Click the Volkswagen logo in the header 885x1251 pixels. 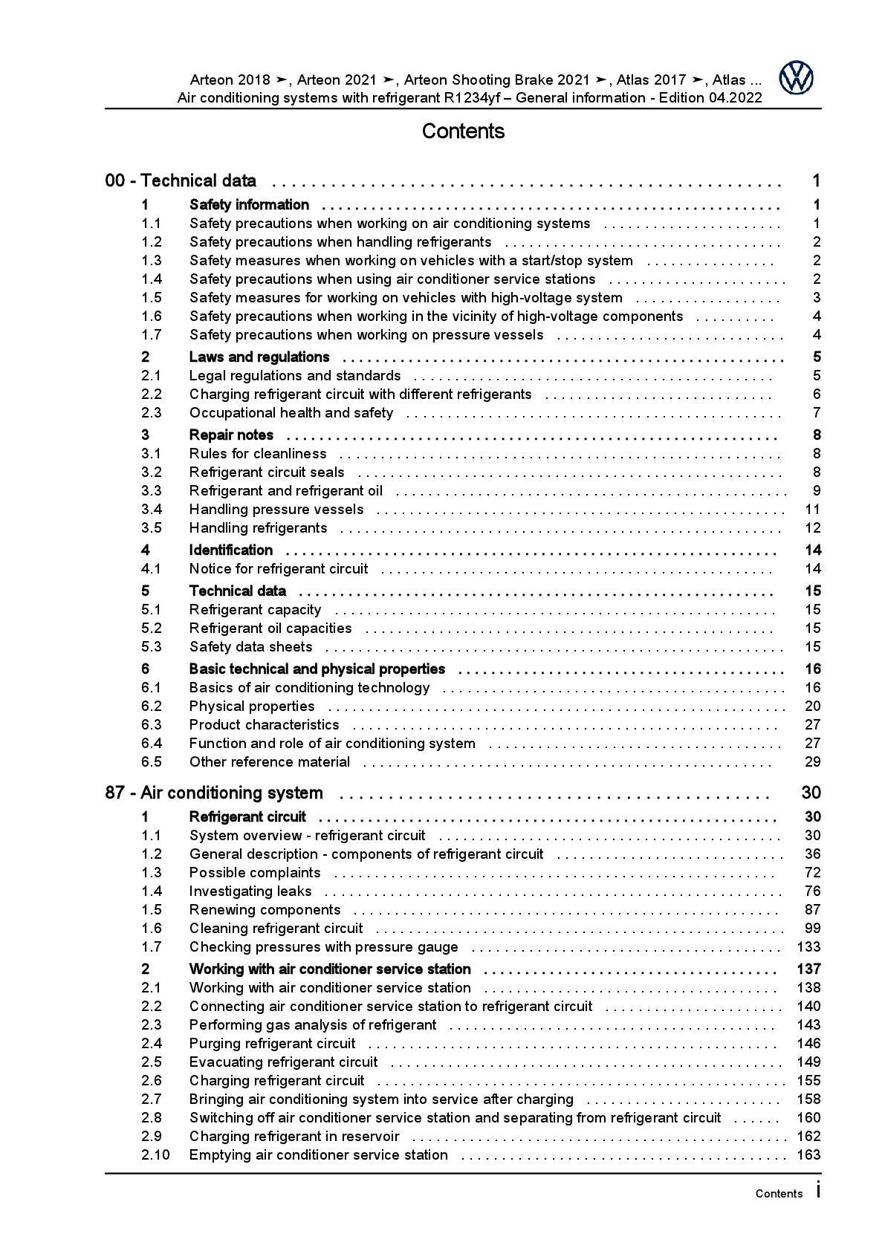tap(796, 78)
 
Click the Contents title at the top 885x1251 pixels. tap(463, 131)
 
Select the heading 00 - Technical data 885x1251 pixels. tap(181, 181)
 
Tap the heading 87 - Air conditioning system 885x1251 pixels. tap(214, 793)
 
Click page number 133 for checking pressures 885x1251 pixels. tap(808, 946)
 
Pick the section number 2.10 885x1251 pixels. tap(155, 1154)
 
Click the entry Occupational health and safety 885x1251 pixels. tap(291, 413)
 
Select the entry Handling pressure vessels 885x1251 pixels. tap(276, 510)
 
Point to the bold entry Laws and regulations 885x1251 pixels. tap(259, 357)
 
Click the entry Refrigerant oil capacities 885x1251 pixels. tap(270, 628)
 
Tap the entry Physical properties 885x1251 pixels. tap(252, 706)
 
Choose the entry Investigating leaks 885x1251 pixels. tap(250, 891)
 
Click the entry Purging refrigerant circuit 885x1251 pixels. tap(272, 1044)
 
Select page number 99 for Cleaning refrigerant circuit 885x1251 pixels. tap(812, 929)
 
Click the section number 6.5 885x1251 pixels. tap(152, 762)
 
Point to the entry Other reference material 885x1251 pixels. tap(270, 762)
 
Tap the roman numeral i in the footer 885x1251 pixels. tap(818, 1190)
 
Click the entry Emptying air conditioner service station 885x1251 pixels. tap(319, 1155)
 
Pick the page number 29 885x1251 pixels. tap(812, 762)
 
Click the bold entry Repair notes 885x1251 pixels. tap(231, 435)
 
